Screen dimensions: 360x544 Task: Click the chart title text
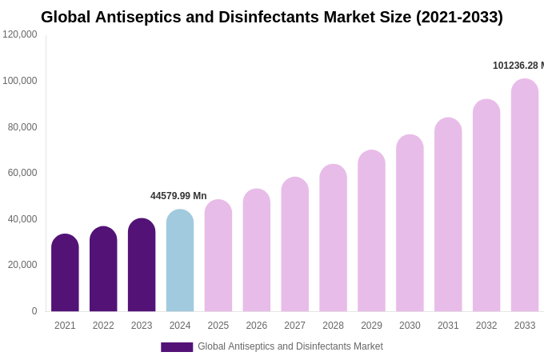(x=272, y=17)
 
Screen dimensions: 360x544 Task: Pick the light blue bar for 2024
(x=180, y=261)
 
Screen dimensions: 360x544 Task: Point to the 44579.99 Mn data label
(x=178, y=196)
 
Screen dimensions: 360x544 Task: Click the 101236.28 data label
(x=518, y=66)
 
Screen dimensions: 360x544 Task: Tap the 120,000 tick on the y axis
(x=20, y=34)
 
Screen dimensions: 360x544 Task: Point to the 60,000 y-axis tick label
(x=22, y=173)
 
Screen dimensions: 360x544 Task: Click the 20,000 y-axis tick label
(x=22, y=265)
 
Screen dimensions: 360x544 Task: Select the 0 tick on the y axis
(x=34, y=311)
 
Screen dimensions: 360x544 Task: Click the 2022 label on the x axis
(x=103, y=326)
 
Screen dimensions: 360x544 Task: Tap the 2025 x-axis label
(x=218, y=326)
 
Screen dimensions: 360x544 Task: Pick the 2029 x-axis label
(x=371, y=326)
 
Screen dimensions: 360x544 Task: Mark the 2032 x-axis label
(x=486, y=326)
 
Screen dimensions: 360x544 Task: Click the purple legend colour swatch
(x=177, y=347)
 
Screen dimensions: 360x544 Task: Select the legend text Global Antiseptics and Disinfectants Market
(x=290, y=346)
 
